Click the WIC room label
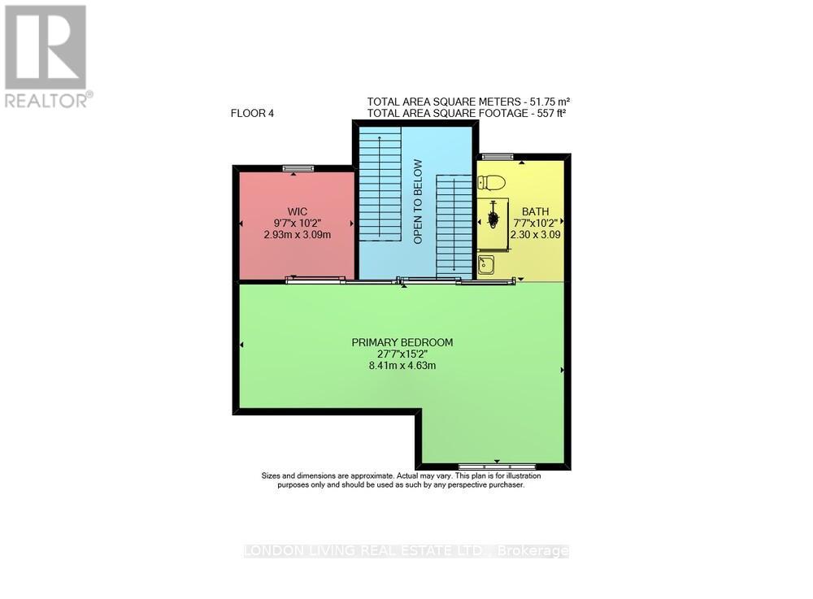297,211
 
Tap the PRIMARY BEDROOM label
402,342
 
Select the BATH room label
536,211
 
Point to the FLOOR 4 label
252,114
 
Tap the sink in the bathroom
486,265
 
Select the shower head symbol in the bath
492,218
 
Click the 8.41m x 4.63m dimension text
402,366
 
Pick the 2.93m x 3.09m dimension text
297,235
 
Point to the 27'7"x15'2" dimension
402,354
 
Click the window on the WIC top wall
298,168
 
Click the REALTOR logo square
46,46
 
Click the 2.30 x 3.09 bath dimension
536,235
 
